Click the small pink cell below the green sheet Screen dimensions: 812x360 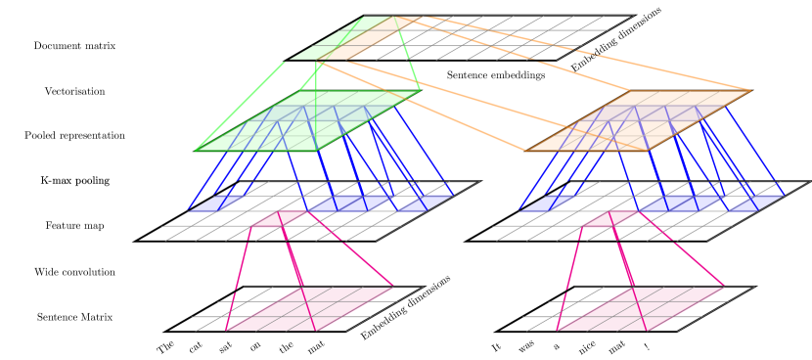coord(280,218)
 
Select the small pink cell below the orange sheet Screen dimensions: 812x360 coord(610,218)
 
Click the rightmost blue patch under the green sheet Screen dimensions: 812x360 coord(425,203)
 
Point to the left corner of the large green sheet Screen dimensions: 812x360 coord(196,151)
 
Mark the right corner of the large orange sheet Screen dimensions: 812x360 coord(750,91)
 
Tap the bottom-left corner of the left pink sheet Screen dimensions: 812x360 coord(226,331)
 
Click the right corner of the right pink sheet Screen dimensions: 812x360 coord(724,287)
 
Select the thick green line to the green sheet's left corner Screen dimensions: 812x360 coord(240,107)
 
